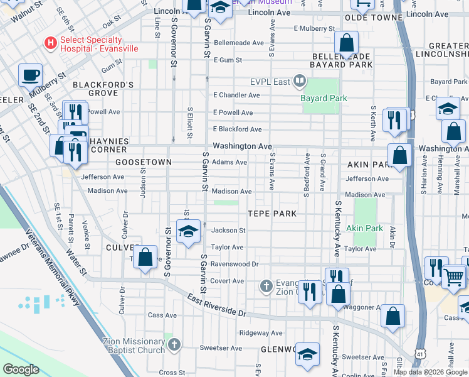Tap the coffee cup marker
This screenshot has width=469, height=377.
pyautogui.click(x=30, y=77)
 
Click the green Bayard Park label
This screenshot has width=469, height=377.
pyautogui.click(x=324, y=98)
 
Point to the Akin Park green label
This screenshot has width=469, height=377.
pyautogui.click(x=364, y=228)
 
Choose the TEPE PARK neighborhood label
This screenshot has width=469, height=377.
pyautogui.click(x=270, y=214)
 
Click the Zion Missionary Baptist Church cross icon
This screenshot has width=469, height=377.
pyautogui.click(x=174, y=344)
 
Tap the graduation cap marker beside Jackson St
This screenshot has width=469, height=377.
pyautogui.click(x=188, y=232)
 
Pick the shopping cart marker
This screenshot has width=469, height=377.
pyautogui.click(x=453, y=276)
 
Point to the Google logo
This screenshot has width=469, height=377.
pyautogui.click(x=21, y=369)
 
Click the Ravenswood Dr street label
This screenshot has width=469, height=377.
pyautogui.click(x=234, y=265)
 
